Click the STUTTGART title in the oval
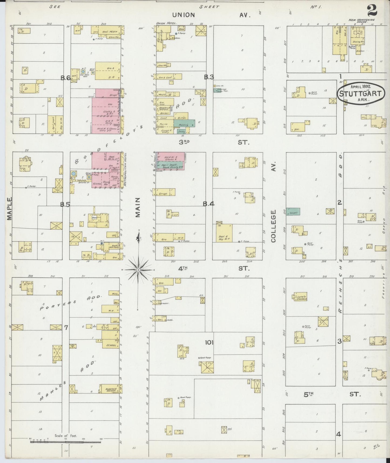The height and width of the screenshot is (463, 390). coord(360,94)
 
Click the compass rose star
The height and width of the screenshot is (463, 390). coord(138,270)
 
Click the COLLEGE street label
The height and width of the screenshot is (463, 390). coord(273,226)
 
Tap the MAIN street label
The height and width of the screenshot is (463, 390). coord(138,207)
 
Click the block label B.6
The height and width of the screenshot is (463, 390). coord(66,78)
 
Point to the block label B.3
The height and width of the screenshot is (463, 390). coord(209,77)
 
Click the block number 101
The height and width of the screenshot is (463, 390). coord(209,343)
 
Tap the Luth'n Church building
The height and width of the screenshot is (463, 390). coord(300,298)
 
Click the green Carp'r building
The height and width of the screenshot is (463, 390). coord(293,212)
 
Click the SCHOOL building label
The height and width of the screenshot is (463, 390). coord(111,345)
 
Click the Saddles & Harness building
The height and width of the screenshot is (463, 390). coord(111,389)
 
